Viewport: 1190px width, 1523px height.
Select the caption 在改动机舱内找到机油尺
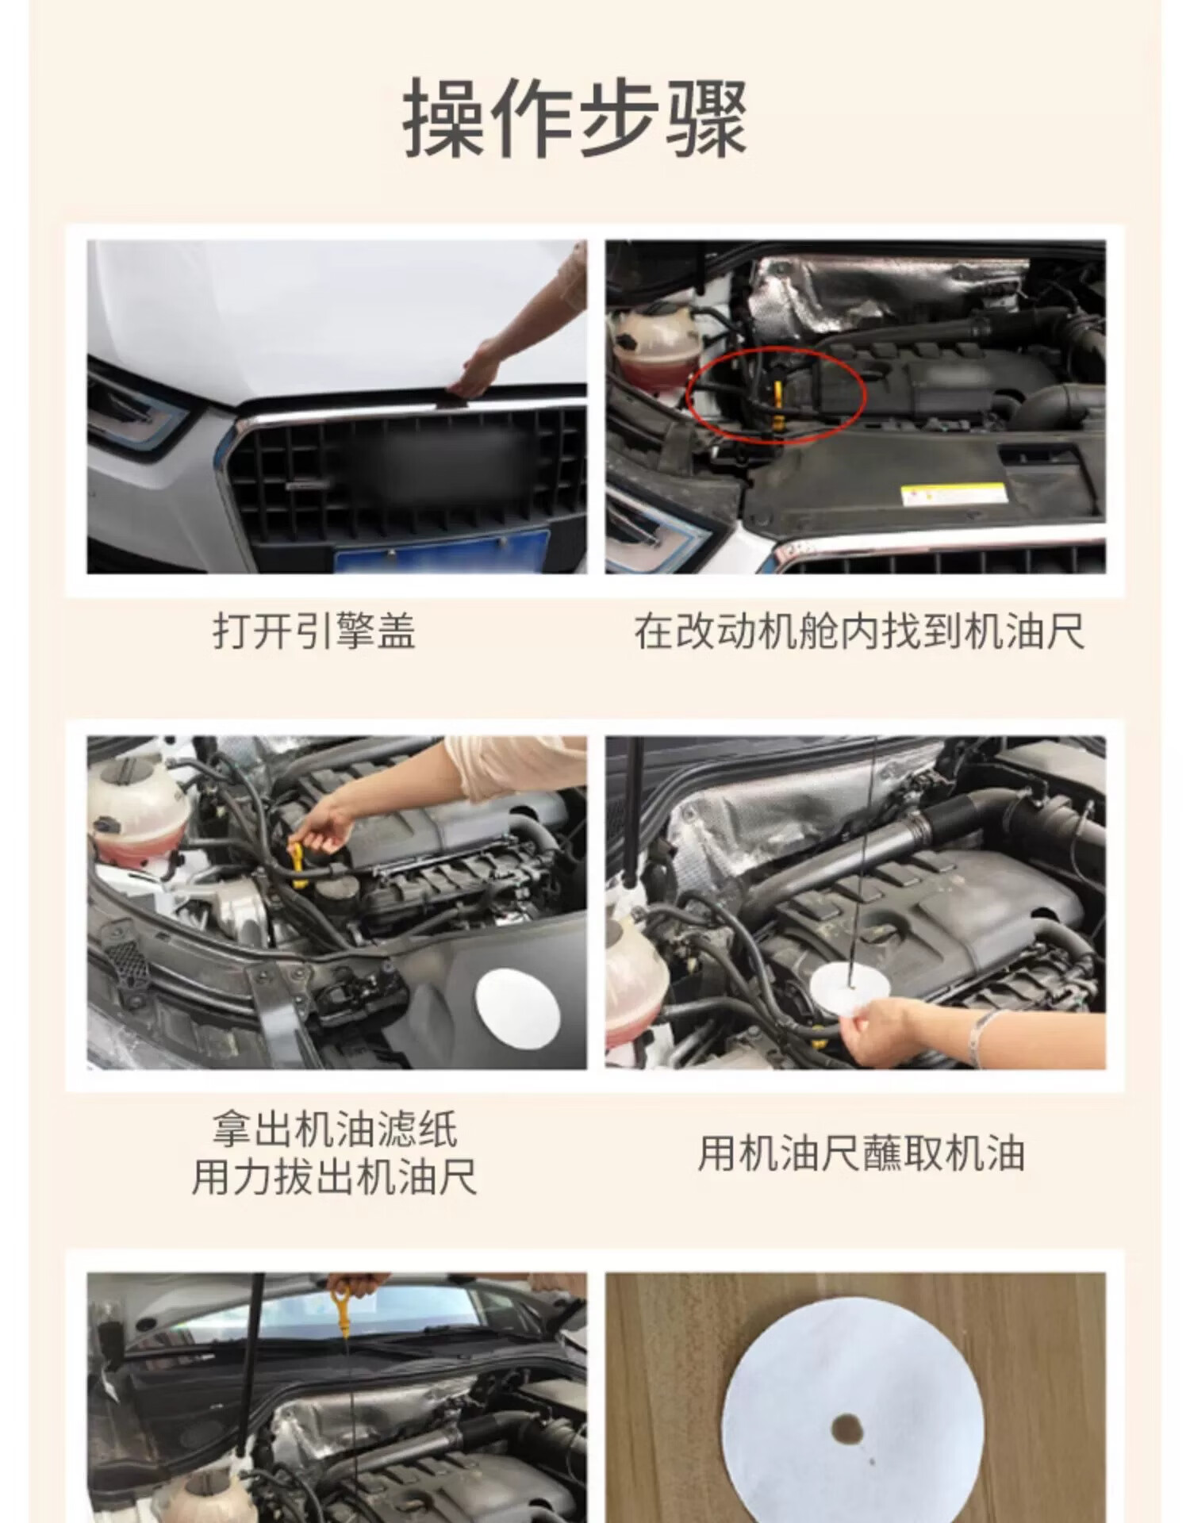pyautogui.click(x=859, y=633)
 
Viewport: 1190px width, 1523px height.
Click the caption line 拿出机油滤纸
pyautogui.click(x=335, y=1129)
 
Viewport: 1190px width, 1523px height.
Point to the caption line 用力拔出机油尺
pyautogui.click(x=335, y=1177)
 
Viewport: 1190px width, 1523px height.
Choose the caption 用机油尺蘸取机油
pyautogui.click(x=861, y=1154)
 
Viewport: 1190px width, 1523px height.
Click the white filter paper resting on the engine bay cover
pyautogui.click(x=519, y=1007)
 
